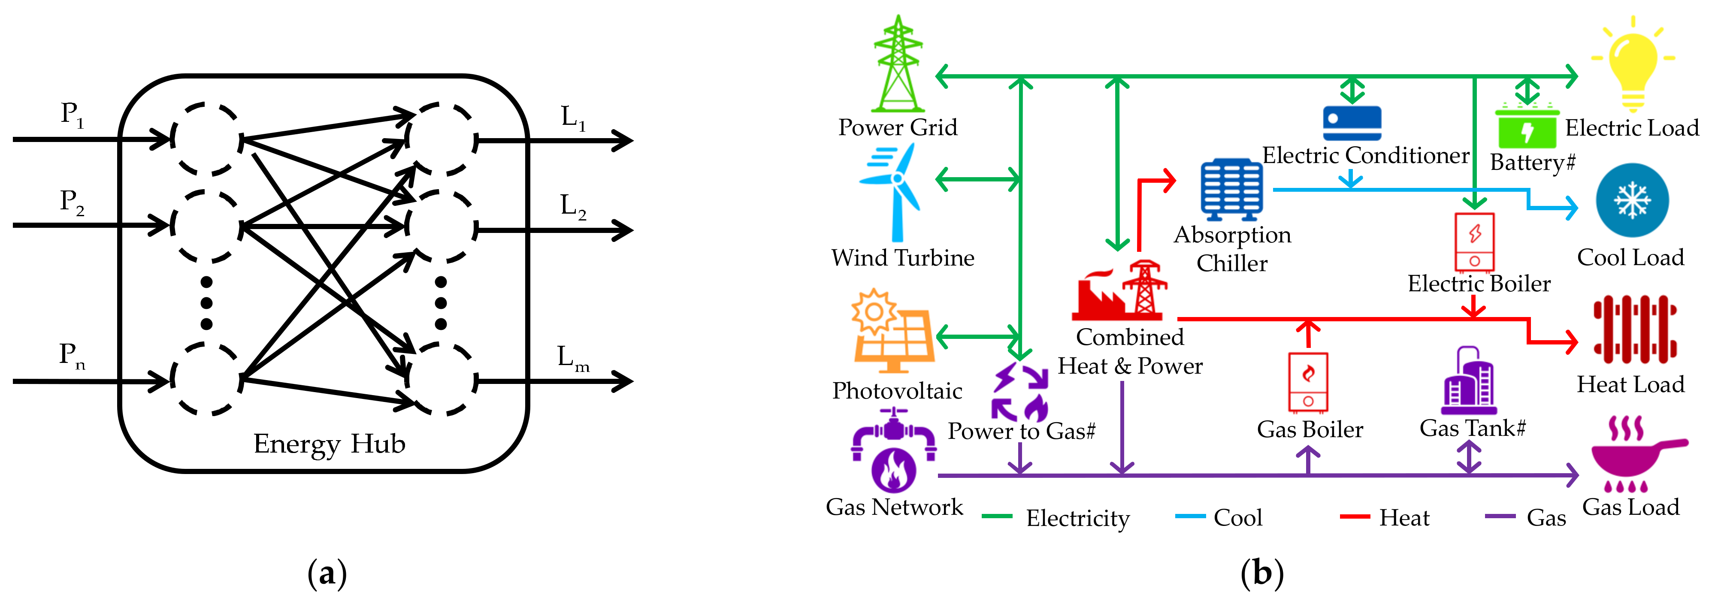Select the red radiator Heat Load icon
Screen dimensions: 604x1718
[x=1635, y=329]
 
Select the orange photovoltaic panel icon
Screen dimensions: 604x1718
[x=892, y=331]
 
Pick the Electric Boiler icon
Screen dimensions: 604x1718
[x=1474, y=242]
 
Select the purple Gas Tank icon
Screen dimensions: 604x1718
[x=1469, y=382]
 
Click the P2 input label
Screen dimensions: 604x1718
[x=71, y=201]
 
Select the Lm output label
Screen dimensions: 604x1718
[x=573, y=358]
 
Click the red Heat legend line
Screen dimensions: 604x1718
[x=1355, y=516]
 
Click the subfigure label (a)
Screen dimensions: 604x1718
[x=327, y=574]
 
